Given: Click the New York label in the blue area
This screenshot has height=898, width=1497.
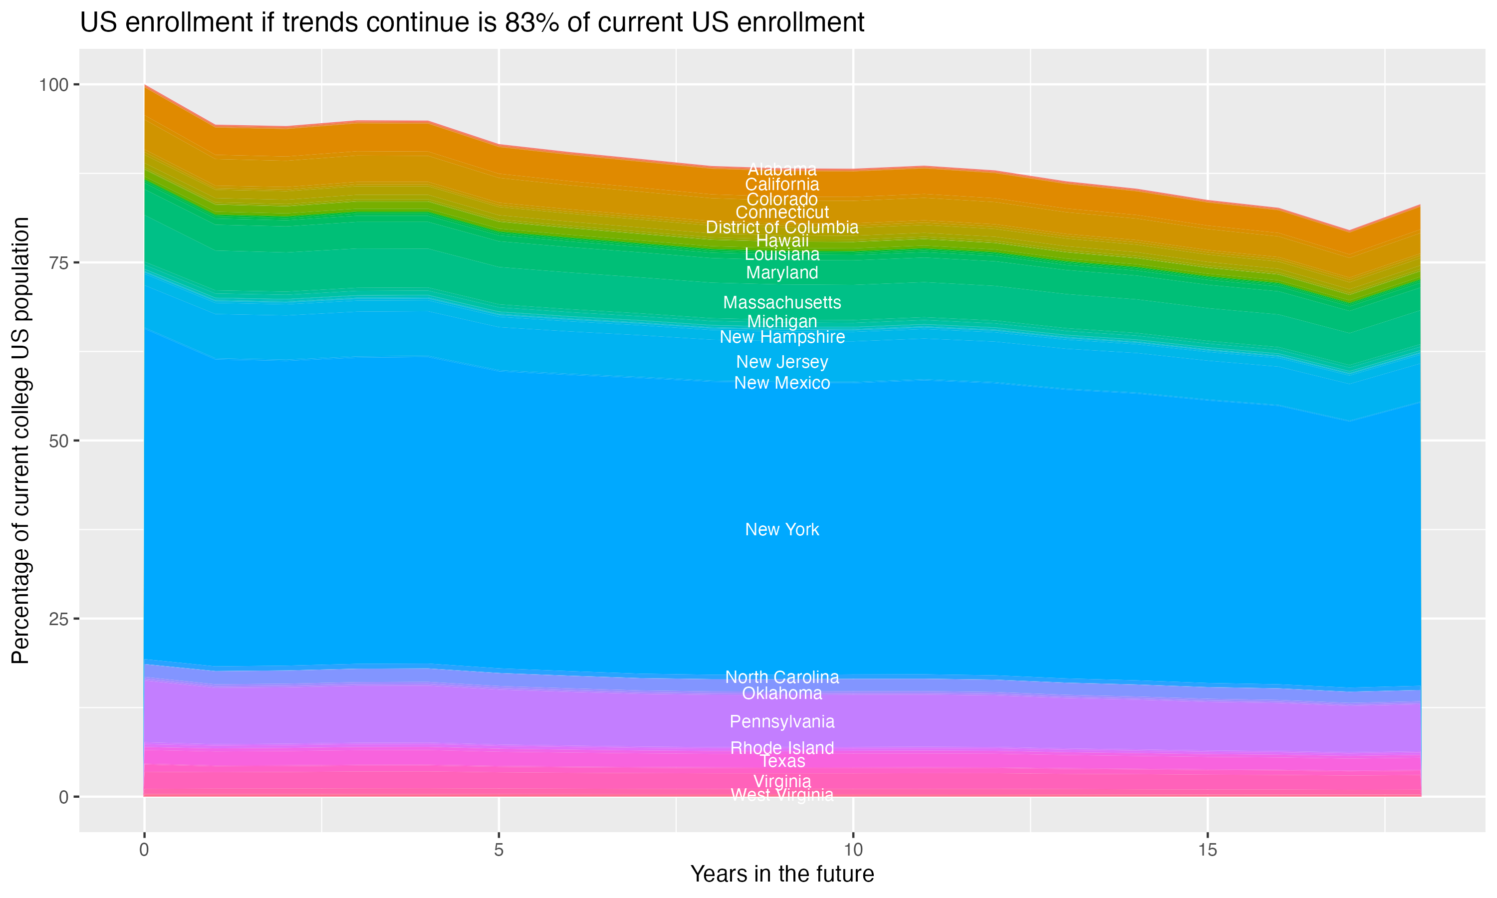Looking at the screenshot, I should point(782,529).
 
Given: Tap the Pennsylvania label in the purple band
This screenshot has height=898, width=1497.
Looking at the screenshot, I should point(782,721).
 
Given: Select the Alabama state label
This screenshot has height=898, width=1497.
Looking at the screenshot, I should point(782,170).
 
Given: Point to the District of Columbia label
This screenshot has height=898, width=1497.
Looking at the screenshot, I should point(782,227).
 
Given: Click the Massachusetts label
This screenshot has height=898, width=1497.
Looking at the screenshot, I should point(782,302).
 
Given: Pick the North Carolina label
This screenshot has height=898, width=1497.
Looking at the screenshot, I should point(782,676).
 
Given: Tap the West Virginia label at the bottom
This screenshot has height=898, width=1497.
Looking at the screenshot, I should point(782,795).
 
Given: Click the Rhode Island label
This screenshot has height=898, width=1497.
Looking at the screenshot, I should point(782,748).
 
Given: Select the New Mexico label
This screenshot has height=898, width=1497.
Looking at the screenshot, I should point(782,383).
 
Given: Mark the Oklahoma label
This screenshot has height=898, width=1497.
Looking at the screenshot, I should point(782,693).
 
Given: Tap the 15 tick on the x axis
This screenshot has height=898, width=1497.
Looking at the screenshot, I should point(1207,850).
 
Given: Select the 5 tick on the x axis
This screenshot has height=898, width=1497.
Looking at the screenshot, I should point(499,850).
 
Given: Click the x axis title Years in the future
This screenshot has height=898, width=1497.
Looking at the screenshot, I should point(782,874).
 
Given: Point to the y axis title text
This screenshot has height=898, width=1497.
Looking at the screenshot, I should point(20,440).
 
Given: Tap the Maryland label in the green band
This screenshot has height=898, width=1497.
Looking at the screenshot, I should point(782,272).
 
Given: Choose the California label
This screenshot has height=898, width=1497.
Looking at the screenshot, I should point(782,185).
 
